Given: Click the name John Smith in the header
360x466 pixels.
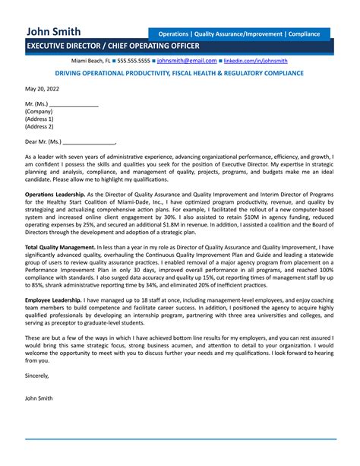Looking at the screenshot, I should tap(52, 32).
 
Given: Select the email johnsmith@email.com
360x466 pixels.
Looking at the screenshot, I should tap(187, 60).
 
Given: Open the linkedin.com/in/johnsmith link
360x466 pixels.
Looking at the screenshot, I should tap(255, 60).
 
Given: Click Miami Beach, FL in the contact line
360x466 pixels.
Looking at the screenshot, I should tap(91, 60).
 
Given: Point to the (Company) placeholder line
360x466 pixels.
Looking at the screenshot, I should tap(39, 111).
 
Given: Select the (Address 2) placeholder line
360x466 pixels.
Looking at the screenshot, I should tap(39, 126).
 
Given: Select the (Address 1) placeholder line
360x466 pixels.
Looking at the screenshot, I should tap(39, 119).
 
